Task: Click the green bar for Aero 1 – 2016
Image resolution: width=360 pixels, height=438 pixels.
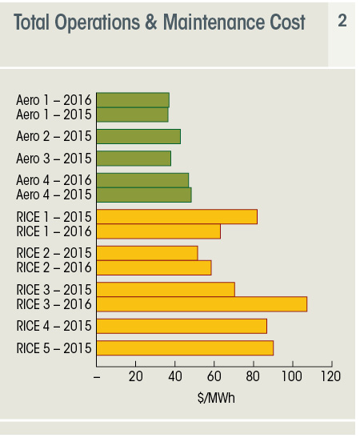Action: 133,100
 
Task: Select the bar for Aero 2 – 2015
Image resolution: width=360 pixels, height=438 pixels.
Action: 138,137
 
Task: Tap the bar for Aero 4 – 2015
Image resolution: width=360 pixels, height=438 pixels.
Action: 144,195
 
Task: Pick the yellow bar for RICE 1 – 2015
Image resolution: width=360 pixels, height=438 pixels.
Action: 177,217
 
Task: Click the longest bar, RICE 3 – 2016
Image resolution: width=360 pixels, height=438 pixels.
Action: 202,304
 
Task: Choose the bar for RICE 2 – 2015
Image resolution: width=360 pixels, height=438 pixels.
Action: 147,253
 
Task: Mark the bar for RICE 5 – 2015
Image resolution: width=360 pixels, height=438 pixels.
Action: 185,348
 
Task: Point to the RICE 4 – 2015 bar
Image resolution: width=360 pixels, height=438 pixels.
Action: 182,326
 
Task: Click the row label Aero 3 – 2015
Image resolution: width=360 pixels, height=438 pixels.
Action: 54,159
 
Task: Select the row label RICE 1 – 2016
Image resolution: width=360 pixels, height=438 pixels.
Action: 54,231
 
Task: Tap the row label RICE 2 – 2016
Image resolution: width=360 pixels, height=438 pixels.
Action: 54,267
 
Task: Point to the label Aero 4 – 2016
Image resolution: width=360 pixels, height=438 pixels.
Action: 54,180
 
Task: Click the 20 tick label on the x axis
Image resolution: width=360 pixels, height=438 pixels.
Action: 136,376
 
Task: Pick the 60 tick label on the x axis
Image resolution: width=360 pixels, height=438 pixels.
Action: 214,376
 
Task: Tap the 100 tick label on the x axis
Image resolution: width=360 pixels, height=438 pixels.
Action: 292,376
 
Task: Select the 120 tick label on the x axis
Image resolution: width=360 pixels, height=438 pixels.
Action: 331,376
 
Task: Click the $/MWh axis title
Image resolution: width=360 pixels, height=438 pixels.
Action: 216,398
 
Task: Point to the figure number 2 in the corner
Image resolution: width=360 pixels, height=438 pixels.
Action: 342,21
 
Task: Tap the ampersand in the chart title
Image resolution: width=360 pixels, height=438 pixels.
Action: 150,22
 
